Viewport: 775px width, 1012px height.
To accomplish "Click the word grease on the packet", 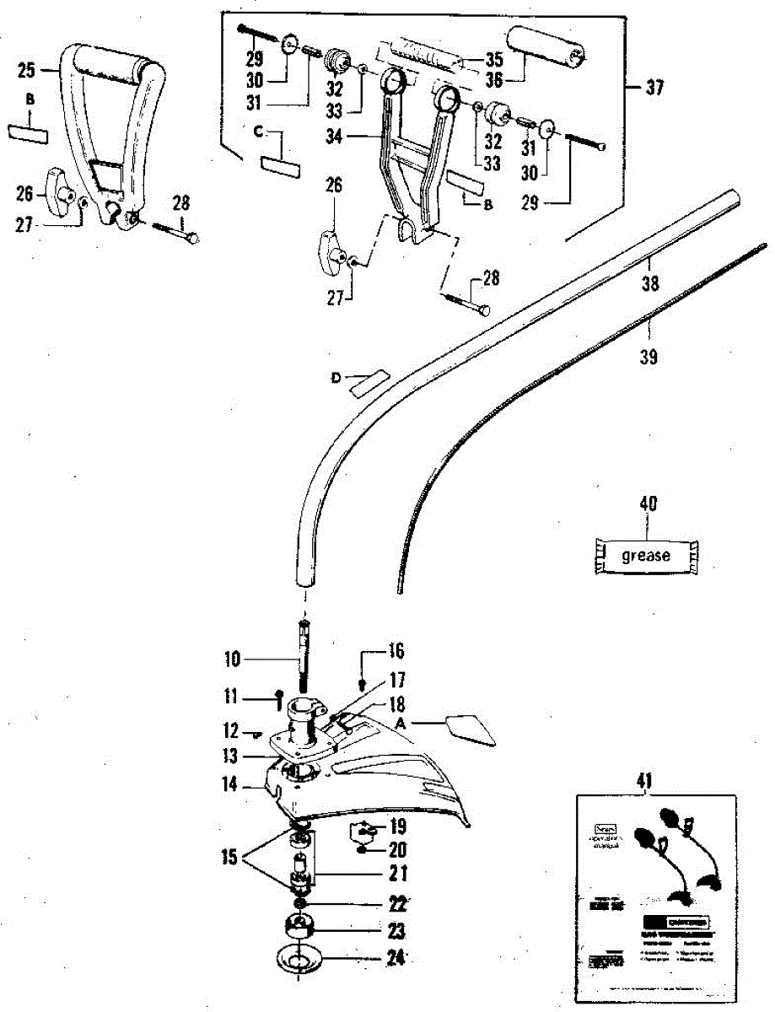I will (646, 556).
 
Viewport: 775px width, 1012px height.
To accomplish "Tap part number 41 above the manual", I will (645, 779).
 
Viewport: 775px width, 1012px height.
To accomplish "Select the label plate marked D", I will (368, 384).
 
